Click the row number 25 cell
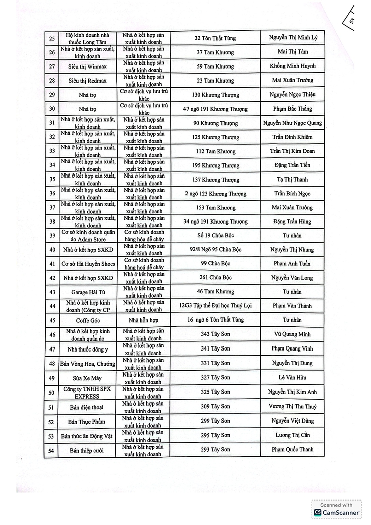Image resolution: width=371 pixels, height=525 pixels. tap(51, 38)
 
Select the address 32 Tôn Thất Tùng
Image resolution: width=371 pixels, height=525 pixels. tap(215, 38)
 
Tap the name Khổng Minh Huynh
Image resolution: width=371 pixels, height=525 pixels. tap(292, 66)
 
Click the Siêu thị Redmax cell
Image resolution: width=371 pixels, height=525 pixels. tap(87, 81)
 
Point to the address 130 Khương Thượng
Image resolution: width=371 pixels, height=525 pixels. tap(215, 95)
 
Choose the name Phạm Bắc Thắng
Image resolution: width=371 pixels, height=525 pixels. tap(292, 109)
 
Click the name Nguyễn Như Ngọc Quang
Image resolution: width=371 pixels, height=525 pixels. tap(292, 123)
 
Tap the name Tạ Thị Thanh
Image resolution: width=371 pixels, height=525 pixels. tap(292, 180)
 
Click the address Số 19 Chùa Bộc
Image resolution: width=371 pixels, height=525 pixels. tap(215, 236)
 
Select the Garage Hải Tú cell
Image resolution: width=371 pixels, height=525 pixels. tap(87, 292)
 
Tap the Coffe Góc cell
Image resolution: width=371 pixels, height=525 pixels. tap(87, 320)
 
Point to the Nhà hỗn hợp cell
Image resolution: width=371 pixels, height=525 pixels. tap(143, 320)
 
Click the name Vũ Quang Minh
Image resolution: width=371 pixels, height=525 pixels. tap(292, 334)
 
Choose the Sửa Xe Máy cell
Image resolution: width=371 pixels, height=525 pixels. tap(87, 378)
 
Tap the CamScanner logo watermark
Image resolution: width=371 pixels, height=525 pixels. tap(337, 509)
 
